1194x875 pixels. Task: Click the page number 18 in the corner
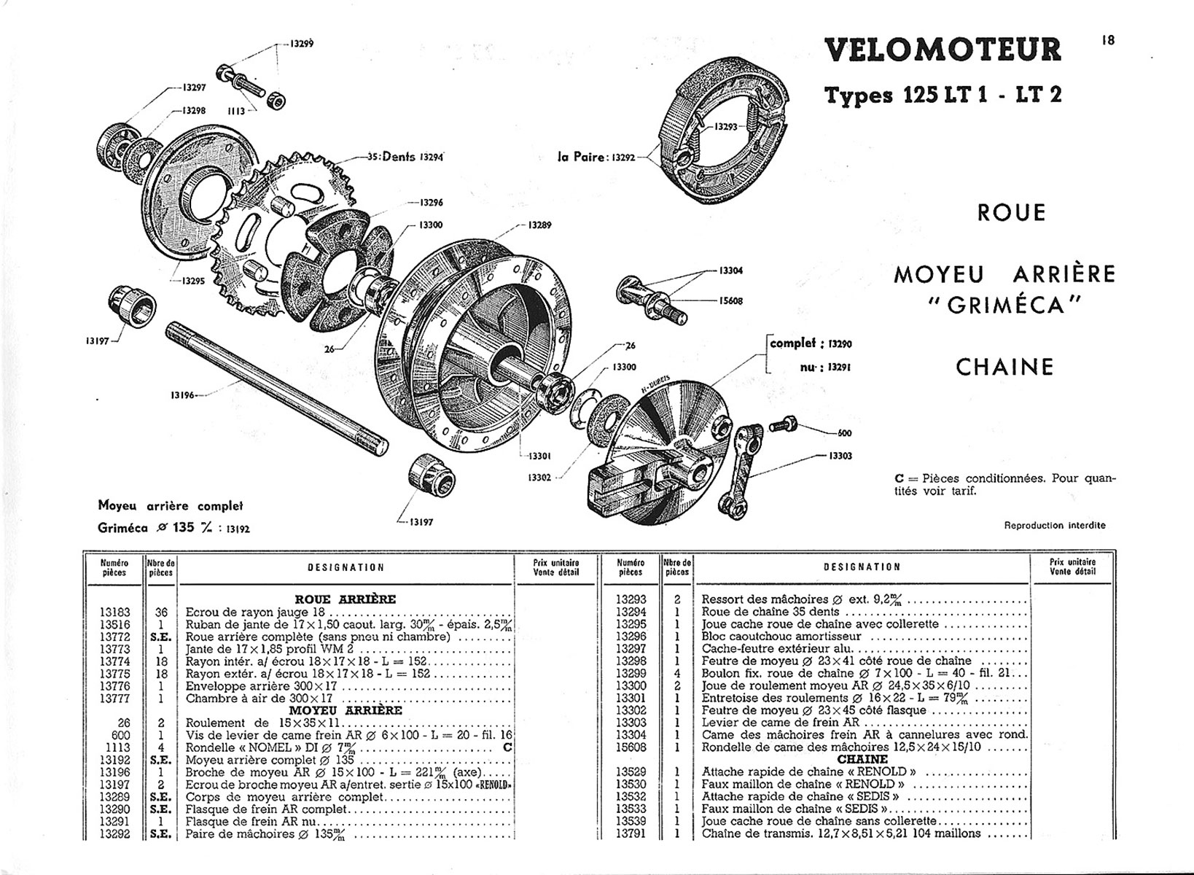pyautogui.click(x=1108, y=41)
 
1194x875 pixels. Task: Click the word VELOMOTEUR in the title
pyautogui.click(x=943, y=50)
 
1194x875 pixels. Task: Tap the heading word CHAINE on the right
pyautogui.click(x=1004, y=367)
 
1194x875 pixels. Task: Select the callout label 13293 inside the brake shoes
pyautogui.click(x=726, y=127)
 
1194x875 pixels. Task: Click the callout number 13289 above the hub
pyautogui.click(x=539, y=225)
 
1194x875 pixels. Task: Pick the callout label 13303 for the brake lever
pyautogui.click(x=840, y=456)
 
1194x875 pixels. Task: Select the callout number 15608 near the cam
pyautogui.click(x=731, y=301)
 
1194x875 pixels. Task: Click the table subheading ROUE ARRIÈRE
pyautogui.click(x=346, y=599)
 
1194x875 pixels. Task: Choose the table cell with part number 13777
pyautogui.click(x=114, y=699)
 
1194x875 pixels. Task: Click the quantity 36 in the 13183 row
pyautogui.click(x=161, y=612)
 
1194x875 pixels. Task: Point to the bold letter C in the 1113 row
pyautogui.click(x=507, y=747)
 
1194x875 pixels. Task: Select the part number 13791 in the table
pyautogui.click(x=631, y=833)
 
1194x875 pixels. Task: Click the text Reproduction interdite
pyautogui.click(x=1055, y=525)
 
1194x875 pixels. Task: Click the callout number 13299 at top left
pyautogui.click(x=302, y=44)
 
